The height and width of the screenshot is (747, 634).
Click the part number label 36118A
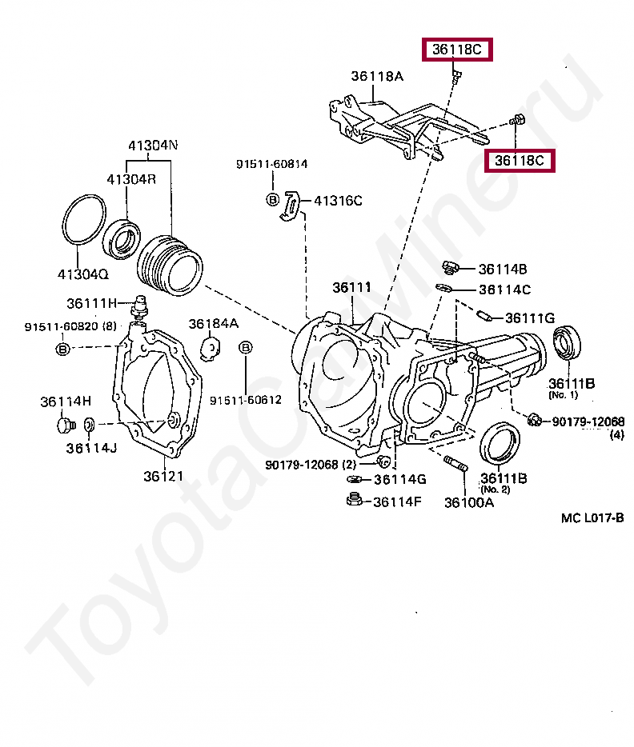pyautogui.click(x=377, y=77)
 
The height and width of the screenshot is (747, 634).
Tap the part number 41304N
pyautogui.click(x=153, y=146)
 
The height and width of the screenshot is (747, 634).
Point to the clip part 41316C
pyautogui.click(x=291, y=205)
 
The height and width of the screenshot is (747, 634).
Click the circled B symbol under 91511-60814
pyautogui.click(x=272, y=200)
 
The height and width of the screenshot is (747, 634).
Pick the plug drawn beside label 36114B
pyautogui.click(x=450, y=267)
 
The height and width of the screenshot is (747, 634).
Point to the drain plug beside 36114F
pyautogui.click(x=352, y=501)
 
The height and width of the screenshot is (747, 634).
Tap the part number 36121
pyautogui.click(x=163, y=477)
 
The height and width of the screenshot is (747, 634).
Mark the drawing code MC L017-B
pyautogui.click(x=592, y=517)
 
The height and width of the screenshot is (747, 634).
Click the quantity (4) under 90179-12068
pyautogui.click(x=616, y=436)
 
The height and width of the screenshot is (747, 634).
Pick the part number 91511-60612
pyautogui.click(x=246, y=399)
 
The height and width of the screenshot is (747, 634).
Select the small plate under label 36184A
pyautogui.click(x=211, y=348)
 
